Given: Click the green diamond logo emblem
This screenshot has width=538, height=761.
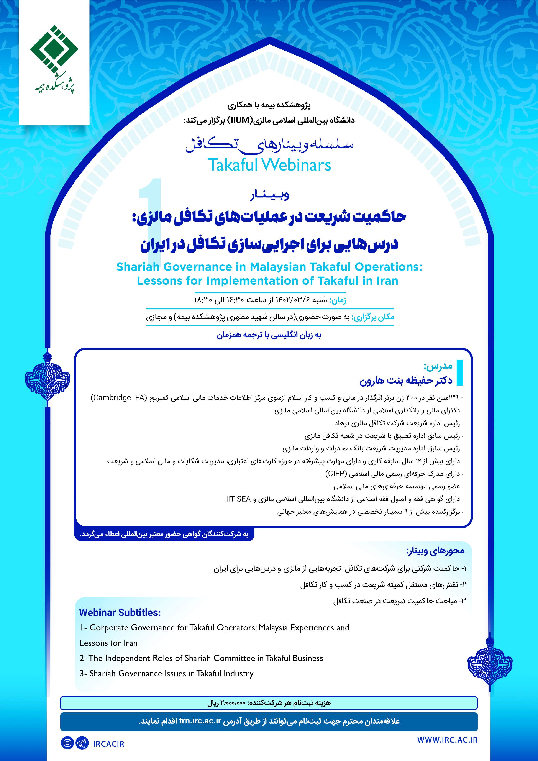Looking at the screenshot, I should [54, 49].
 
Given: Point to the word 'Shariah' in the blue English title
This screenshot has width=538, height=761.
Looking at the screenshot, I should [137, 267].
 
